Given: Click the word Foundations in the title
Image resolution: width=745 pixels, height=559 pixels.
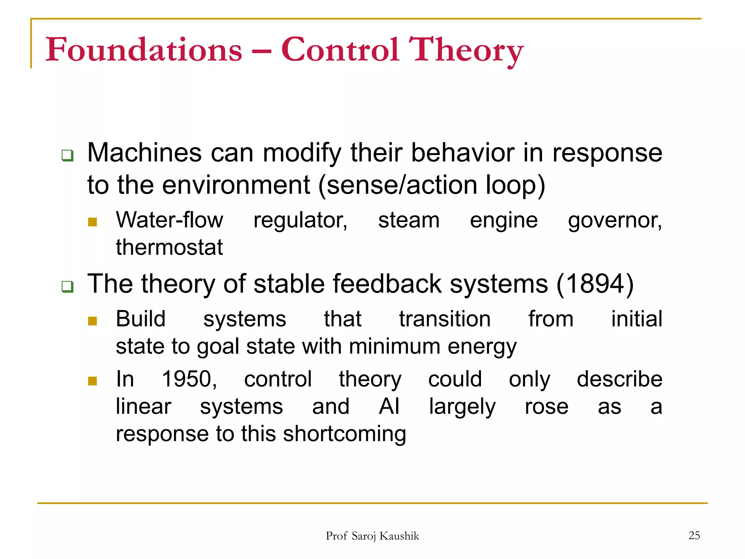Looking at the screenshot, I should tap(144, 50).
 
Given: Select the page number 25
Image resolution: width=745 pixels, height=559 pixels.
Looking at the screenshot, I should tap(694, 535).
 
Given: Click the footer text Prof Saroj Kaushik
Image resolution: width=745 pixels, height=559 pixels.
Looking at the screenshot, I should tap(372, 536).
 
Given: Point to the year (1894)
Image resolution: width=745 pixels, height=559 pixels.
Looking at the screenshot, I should tap(595, 284).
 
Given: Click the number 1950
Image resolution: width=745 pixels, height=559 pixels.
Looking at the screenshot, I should tap(189, 379).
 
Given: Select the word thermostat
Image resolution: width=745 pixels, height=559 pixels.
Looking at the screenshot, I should tap(169, 247).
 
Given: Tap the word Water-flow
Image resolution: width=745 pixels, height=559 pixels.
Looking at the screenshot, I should tap(170, 220).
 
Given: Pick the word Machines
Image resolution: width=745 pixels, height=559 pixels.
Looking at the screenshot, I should tap(144, 153).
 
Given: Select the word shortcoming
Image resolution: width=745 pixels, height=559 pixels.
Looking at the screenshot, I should tap(344, 434).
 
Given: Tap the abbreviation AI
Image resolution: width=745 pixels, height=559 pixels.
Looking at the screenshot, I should tap(389, 407).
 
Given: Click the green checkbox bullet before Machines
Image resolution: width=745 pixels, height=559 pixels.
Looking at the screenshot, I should tap(68, 156).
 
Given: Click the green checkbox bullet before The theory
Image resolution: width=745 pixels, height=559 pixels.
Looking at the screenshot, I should tap(68, 287).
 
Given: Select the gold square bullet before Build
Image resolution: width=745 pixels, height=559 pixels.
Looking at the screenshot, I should tap(92, 321).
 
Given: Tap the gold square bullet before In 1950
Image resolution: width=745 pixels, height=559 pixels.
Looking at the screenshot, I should tap(92, 381).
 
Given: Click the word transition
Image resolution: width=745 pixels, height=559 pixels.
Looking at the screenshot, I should tap(445, 319).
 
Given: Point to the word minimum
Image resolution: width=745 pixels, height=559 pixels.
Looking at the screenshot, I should tap(394, 346).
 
